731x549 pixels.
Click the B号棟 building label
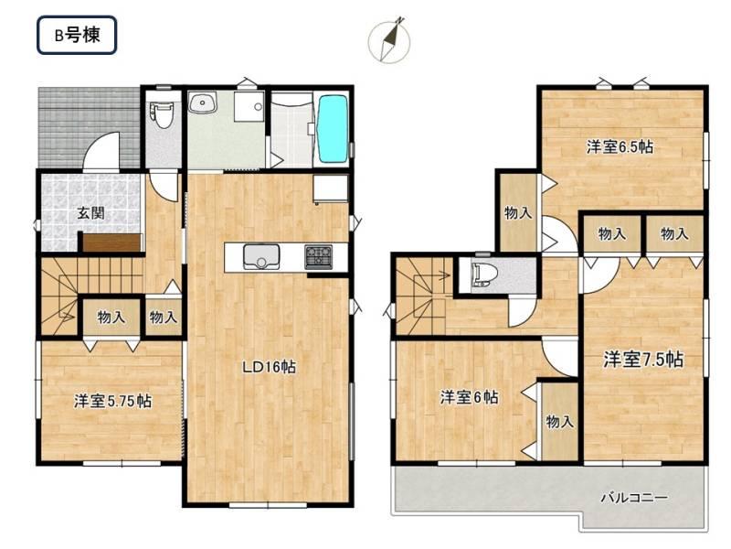(x=77, y=35)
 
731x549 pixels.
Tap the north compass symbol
(x=389, y=40)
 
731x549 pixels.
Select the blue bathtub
(x=333, y=128)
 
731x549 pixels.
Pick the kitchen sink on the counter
(x=261, y=257)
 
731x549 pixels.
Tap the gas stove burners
(x=319, y=257)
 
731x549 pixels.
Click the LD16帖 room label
(x=269, y=367)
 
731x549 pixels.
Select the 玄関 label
(x=90, y=213)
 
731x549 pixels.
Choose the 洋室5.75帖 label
(x=112, y=401)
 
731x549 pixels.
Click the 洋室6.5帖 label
(x=620, y=147)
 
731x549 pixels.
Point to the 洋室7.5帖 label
(x=643, y=359)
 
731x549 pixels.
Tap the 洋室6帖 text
(x=469, y=397)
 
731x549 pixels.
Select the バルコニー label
(x=633, y=497)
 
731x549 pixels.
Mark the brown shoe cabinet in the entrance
(x=111, y=242)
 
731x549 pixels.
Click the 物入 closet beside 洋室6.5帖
(x=518, y=213)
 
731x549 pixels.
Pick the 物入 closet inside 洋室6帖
(x=559, y=422)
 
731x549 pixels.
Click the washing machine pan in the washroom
(x=249, y=106)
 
